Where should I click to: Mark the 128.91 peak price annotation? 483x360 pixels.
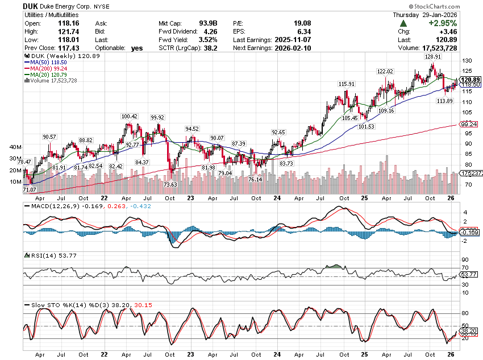point(433,57)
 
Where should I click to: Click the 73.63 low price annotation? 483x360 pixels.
point(170,185)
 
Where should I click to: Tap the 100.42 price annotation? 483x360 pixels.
point(130,117)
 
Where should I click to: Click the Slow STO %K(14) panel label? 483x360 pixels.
point(57,305)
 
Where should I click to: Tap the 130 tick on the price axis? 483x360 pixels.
point(467,60)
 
